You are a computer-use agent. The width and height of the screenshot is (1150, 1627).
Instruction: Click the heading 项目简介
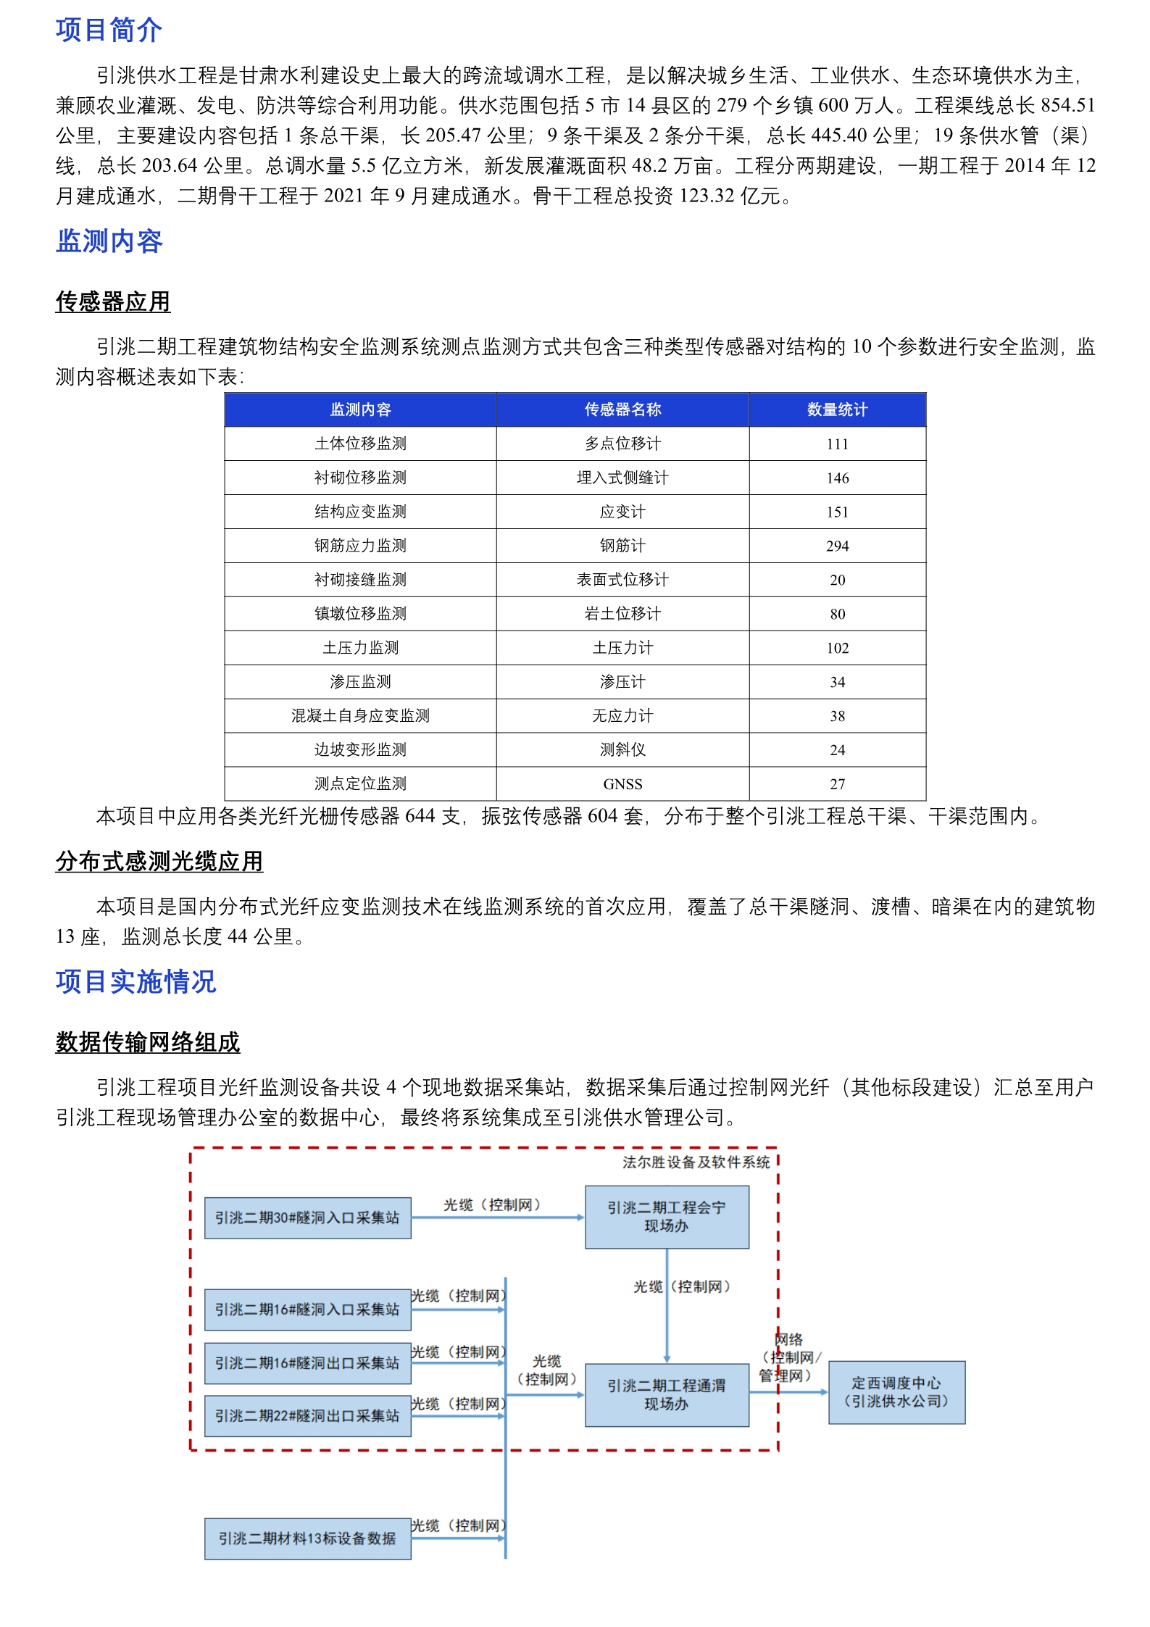click(109, 30)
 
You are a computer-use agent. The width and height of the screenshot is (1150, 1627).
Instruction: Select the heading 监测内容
click(109, 241)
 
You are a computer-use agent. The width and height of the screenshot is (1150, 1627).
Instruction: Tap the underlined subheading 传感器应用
click(113, 301)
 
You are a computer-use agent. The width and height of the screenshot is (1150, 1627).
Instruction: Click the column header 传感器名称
click(622, 409)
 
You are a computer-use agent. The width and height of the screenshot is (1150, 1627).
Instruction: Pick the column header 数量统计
click(837, 409)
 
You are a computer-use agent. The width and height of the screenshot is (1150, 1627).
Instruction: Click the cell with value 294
click(837, 546)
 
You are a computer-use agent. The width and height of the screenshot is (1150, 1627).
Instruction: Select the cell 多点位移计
click(622, 444)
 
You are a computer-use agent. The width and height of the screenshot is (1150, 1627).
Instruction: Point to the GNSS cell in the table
click(622, 783)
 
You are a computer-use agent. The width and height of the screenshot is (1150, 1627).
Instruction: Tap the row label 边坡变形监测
click(360, 749)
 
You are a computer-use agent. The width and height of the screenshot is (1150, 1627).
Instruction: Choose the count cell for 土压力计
click(837, 648)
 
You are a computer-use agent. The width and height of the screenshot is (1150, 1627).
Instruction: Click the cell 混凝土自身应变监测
click(360, 715)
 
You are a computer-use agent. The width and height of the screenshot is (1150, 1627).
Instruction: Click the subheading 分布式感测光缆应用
click(159, 861)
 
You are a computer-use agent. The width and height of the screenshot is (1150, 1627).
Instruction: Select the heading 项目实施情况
click(136, 982)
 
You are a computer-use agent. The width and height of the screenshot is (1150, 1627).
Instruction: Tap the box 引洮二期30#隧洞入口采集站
click(307, 1218)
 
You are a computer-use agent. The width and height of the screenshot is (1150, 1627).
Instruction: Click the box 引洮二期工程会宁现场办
click(667, 1217)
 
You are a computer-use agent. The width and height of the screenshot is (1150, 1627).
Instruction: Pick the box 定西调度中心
click(896, 1392)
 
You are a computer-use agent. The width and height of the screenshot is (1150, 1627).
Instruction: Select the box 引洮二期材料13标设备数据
click(307, 1538)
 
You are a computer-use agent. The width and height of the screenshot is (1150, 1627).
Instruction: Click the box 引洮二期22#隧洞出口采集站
click(307, 1415)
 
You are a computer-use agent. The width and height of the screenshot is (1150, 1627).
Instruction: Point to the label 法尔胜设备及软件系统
click(696, 1162)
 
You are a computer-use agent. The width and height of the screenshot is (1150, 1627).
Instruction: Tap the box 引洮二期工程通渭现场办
click(667, 1395)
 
